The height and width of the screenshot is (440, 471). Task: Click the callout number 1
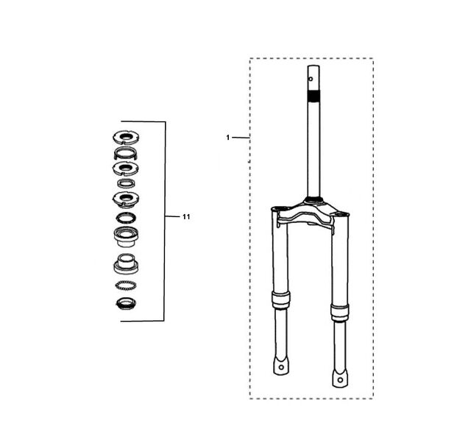[x=227, y=138]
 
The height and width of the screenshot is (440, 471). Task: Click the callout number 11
[x=186, y=217]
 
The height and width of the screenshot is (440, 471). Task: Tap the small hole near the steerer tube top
[x=311, y=79]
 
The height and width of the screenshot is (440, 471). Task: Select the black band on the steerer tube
[x=314, y=96]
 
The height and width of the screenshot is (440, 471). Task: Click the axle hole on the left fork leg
[x=281, y=367]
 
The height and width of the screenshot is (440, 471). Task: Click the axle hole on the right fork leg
[x=340, y=380]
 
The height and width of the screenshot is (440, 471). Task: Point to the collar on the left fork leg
[x=281, y=300]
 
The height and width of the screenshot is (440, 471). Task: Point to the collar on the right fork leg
[x=340, y=313]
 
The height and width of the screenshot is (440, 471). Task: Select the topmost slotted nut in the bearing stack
[x=126, y=138]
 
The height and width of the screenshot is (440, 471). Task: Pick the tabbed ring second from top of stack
[x=126, y=154]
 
